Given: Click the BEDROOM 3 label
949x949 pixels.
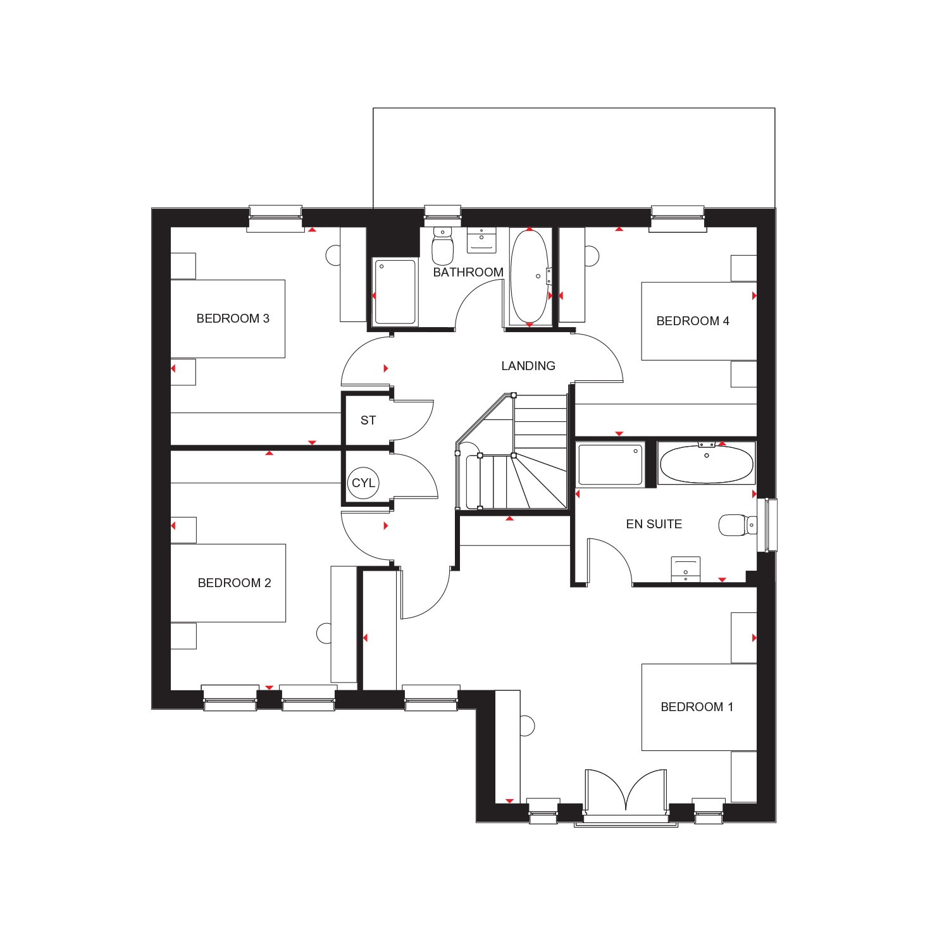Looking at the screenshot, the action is coord(233,318).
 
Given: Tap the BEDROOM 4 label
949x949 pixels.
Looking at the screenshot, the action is coord(693,321).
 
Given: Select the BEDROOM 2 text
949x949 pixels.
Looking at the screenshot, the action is coord(234,583).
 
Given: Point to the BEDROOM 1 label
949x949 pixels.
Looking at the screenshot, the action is coord(697,707).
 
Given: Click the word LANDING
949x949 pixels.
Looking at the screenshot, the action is coord(528,366).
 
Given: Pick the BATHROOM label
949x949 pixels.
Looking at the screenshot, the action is coord(468,272).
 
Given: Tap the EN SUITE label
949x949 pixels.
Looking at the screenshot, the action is coord(654,524).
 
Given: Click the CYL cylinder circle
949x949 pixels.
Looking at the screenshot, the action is coord(363,483).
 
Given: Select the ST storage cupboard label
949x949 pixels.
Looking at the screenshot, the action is coord(368,420).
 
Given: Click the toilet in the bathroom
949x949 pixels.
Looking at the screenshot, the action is coord(442,246).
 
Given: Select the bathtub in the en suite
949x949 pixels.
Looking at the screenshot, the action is coord(707,464).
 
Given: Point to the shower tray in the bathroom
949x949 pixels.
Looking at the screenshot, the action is coord(395,292).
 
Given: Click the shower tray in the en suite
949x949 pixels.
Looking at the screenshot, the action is coord(611,464).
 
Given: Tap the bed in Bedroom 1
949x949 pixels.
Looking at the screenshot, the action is coord(699,707).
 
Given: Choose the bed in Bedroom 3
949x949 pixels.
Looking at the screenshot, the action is coord(228,319).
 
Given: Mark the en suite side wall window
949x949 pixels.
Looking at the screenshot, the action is coord(771,524).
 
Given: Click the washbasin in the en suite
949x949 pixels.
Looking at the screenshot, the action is coord(686,569).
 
